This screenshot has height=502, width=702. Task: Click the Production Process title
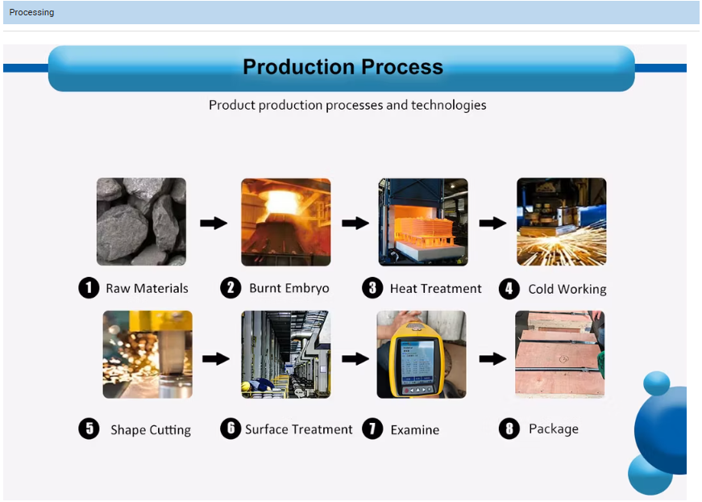tap(343, 67)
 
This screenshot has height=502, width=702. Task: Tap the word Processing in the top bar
tap(31, 12)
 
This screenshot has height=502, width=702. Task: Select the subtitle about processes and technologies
tap(347, 105)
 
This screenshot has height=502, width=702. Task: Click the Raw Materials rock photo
tap(141, 221)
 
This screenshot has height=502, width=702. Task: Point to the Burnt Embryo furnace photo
tap(285, 221)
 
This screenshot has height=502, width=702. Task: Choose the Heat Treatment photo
tap(423, 221)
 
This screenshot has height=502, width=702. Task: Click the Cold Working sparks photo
tap(561, 221)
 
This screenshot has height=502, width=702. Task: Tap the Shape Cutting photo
tap(147, 354)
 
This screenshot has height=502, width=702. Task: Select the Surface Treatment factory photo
tap(285, 354)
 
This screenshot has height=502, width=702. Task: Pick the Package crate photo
tap(559, 354)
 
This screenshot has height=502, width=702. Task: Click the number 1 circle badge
tap(89, 288)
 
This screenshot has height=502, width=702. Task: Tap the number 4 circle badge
tap(509, 289)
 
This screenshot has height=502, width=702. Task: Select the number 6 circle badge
tap(231, 429)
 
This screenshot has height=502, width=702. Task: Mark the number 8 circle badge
tap(509, 429)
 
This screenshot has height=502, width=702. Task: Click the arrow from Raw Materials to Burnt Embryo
tap(214, 223)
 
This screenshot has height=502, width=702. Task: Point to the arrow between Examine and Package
tap(492, 358)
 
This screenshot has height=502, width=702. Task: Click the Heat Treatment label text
tap(435, 289)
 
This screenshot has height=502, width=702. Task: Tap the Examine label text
tap(414, 430)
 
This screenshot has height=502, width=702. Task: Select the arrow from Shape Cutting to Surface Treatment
tap(215, 358)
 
